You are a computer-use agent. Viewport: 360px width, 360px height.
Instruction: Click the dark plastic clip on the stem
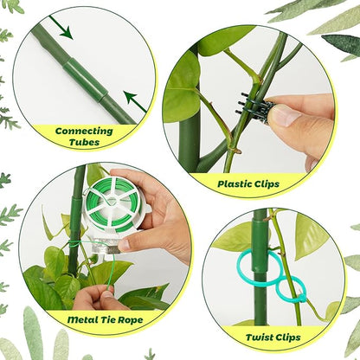(257, 108)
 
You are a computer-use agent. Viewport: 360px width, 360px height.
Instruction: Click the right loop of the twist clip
(292, 287)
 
